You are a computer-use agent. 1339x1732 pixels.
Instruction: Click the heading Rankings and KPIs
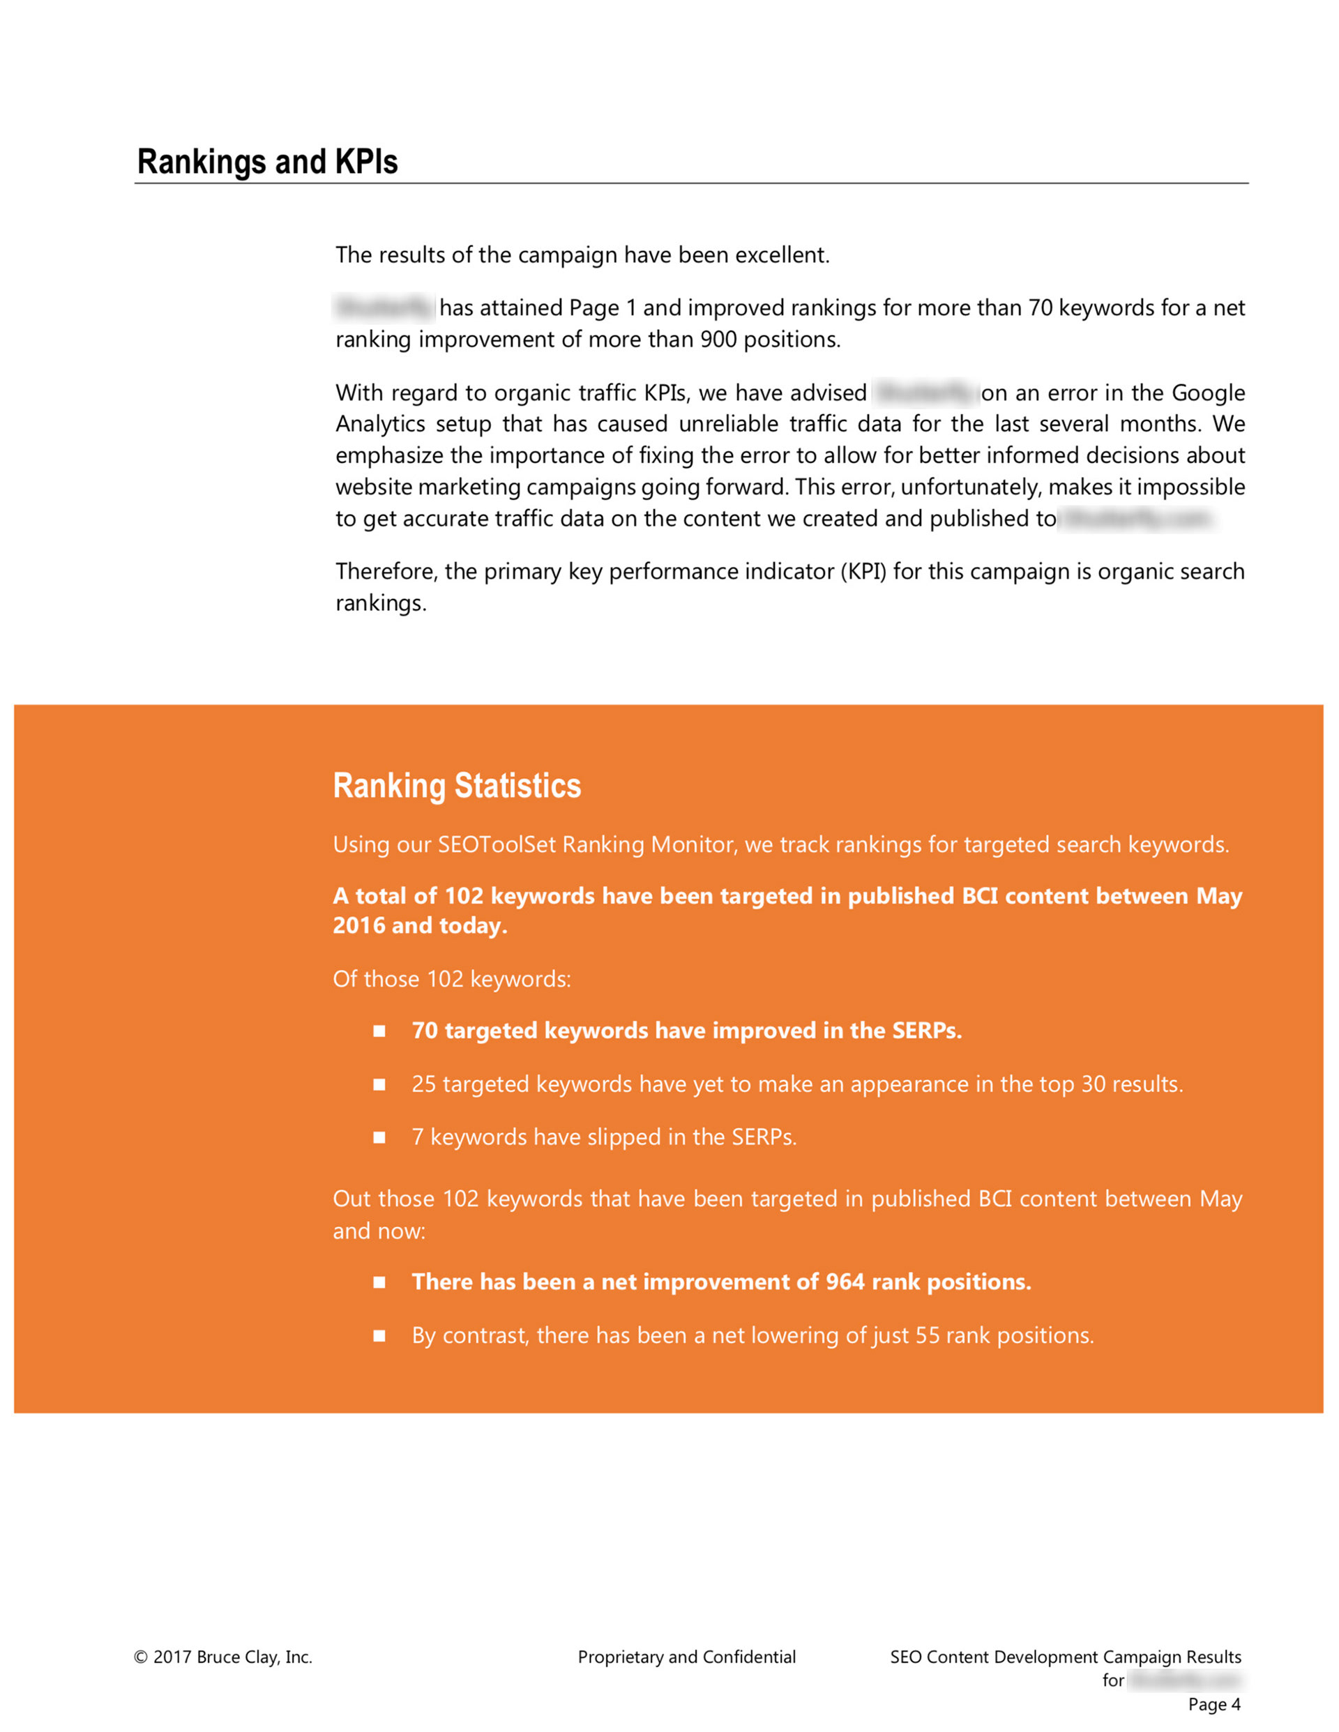[x=267, y=162]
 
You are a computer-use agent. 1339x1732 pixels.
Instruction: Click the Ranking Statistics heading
[x=457, y=786]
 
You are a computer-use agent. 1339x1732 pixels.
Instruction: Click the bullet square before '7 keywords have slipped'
[x=380, y=1137]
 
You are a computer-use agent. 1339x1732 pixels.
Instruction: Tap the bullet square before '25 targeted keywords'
[x=380, y=1084]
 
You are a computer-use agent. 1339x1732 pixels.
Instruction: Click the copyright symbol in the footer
[x=141, y=1657]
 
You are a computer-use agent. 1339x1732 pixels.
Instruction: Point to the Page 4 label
[x=1213, y=1704]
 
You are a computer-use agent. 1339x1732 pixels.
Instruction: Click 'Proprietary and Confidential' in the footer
[x=686, y=1657]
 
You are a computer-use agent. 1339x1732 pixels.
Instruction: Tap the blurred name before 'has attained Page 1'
[x=384, y=307]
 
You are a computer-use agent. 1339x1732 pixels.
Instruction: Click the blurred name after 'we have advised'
[x=925, y=393]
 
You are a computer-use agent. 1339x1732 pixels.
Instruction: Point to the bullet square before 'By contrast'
[x=380, y=1335]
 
